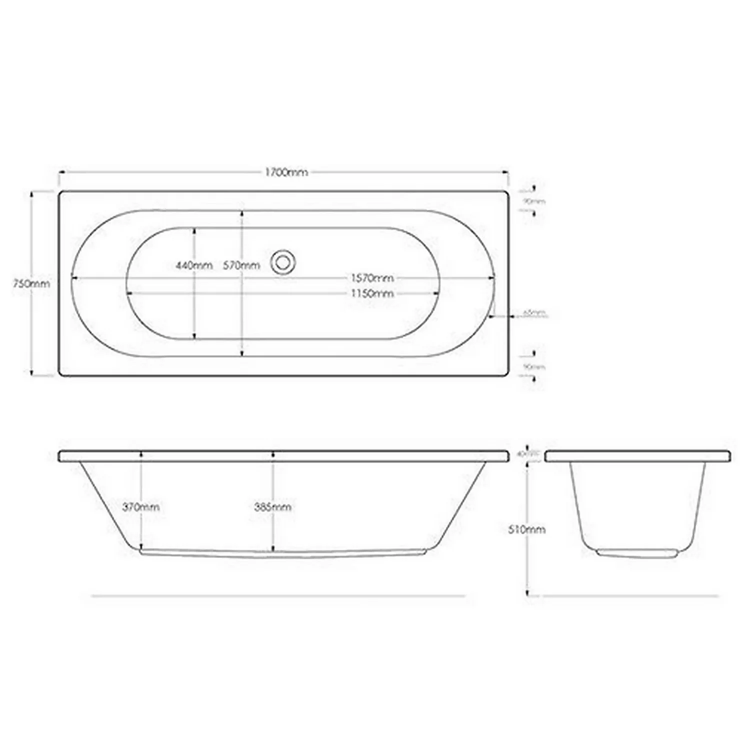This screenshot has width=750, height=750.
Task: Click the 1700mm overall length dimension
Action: [286, 172]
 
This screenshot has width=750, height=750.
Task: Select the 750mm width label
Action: [31, 283]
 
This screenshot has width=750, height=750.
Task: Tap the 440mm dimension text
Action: [194, 265]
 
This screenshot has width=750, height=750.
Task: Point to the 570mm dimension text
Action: [241, 265]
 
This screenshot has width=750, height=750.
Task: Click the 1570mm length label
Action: [372, 277]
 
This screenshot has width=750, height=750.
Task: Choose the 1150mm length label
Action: [372, 293]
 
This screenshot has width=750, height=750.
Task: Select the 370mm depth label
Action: [141, 507]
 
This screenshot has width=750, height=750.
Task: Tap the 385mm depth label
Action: [272, 507]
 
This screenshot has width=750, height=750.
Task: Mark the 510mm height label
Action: [526, 529]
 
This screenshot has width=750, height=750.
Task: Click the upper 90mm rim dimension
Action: [534, 201]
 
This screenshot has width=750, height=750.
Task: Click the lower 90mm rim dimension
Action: [534, 367]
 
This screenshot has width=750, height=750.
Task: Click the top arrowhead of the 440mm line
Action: [194, 229]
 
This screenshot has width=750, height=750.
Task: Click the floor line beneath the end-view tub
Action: [630, 595]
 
